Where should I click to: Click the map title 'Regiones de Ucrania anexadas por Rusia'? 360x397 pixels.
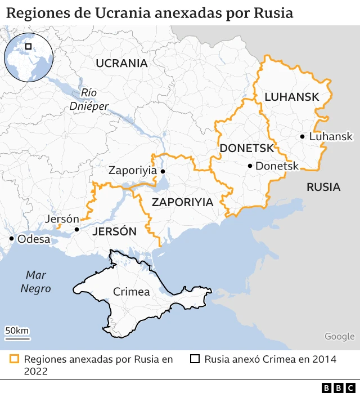click(150, 13)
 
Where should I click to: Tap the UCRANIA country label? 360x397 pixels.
click(121, 63)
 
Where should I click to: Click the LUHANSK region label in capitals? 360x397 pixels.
click(291, 97)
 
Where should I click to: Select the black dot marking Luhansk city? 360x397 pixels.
click(303, 136)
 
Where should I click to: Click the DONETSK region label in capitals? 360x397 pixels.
click(247, 148)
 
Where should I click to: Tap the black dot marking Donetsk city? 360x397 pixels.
click(250, 166)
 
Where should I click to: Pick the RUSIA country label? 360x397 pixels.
click(323, 187)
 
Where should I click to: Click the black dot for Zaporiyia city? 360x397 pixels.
click(163, 171)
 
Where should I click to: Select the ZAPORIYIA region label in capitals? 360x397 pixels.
click(183, 202)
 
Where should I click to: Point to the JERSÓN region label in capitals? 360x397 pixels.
click(114, 231)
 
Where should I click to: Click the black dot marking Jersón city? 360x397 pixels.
click(77, 230)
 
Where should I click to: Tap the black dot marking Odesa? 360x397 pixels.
click(11, 239)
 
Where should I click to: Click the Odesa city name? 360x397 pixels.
click(34, 239)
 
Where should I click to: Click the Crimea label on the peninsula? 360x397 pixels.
click(131, 292)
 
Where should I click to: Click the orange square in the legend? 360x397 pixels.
click(15, 359)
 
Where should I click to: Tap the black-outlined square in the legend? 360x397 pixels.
click(195, 359)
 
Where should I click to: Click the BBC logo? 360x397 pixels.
click(338, 387)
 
